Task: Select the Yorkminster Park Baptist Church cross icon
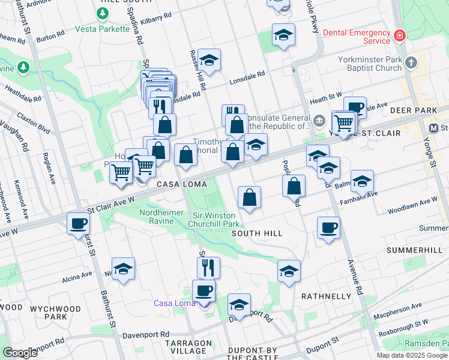pyautogui.click(x=411, y=62)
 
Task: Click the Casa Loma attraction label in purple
pyautogui.click(x=175, y=302)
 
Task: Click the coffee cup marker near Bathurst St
pyautogui.click(x=78, y=224)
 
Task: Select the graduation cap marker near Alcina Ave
pyautogui.click(x=123, y=269)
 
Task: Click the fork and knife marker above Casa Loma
pyautogui.click(x=208, y=267)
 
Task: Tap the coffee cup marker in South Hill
pyautogui.click(x=328, y=228)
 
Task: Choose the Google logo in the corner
pyautogui.click(x=20, y=353)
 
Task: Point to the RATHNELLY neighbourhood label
pyautogui.click(x=325, y=296)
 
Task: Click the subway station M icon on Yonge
pyautogui.click(x=434, y=128)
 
